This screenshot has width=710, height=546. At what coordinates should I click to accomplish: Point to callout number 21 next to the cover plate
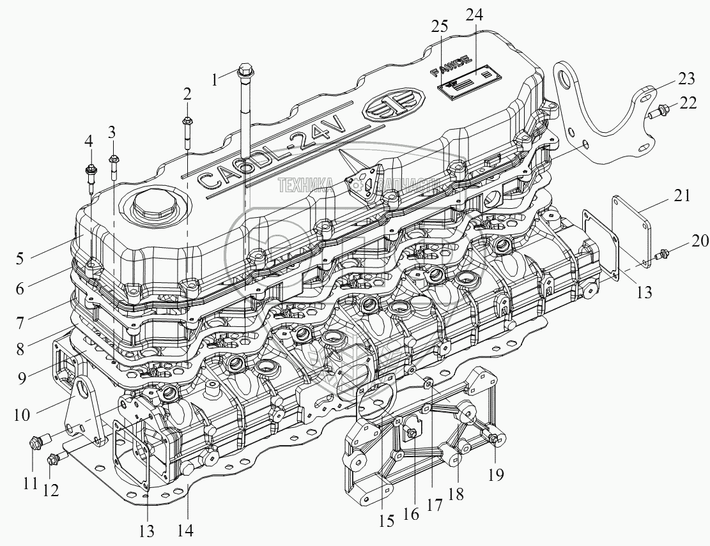point(681,197)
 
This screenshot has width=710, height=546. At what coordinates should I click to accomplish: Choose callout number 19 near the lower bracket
point(496,474)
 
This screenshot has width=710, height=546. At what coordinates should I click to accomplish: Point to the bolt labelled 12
point(56,457)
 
